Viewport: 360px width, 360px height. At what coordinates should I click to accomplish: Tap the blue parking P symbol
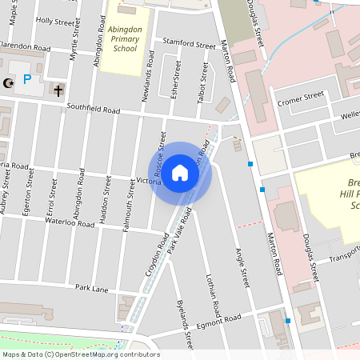(x=27, y=79)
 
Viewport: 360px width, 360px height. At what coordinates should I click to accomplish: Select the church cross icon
(x=59, y=90)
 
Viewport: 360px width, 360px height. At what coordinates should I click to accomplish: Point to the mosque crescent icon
(x=9, y=82)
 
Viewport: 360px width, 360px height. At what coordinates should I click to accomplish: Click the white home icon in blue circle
(x=180, y=172)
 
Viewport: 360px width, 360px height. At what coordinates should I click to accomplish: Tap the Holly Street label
(x=54, y=22)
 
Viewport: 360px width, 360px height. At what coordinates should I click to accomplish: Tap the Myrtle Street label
(x=75, y=45)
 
